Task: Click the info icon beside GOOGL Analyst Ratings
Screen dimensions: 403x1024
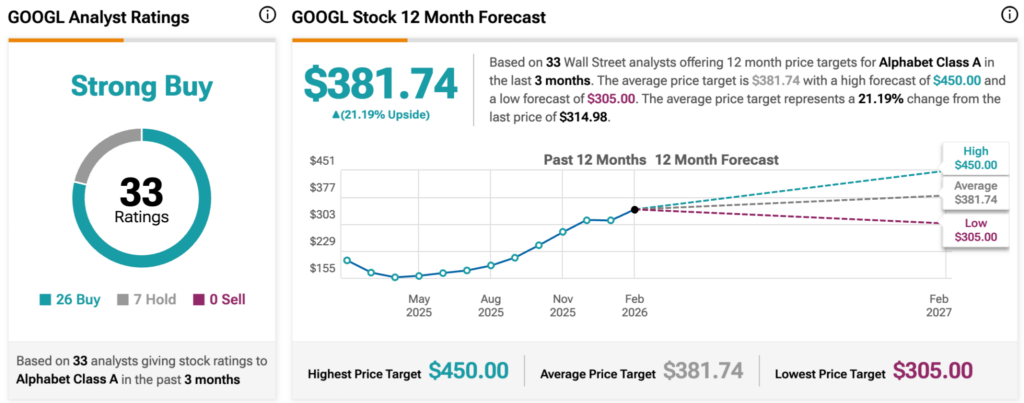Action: (267, 15)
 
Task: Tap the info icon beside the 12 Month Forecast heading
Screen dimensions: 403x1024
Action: (1008, 15)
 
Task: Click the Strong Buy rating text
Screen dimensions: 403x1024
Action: (141, 87)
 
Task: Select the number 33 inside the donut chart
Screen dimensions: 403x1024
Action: (141, 190)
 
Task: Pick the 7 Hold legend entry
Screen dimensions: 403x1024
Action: (142, 299)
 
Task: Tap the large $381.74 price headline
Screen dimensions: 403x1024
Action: (381, 85)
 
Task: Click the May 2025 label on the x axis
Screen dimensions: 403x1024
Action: (418, 305)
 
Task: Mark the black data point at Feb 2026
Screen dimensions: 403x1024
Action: (634, 210)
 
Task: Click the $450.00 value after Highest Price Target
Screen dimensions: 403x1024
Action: (468, 371)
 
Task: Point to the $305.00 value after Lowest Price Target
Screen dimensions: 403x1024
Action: (932, 371)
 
